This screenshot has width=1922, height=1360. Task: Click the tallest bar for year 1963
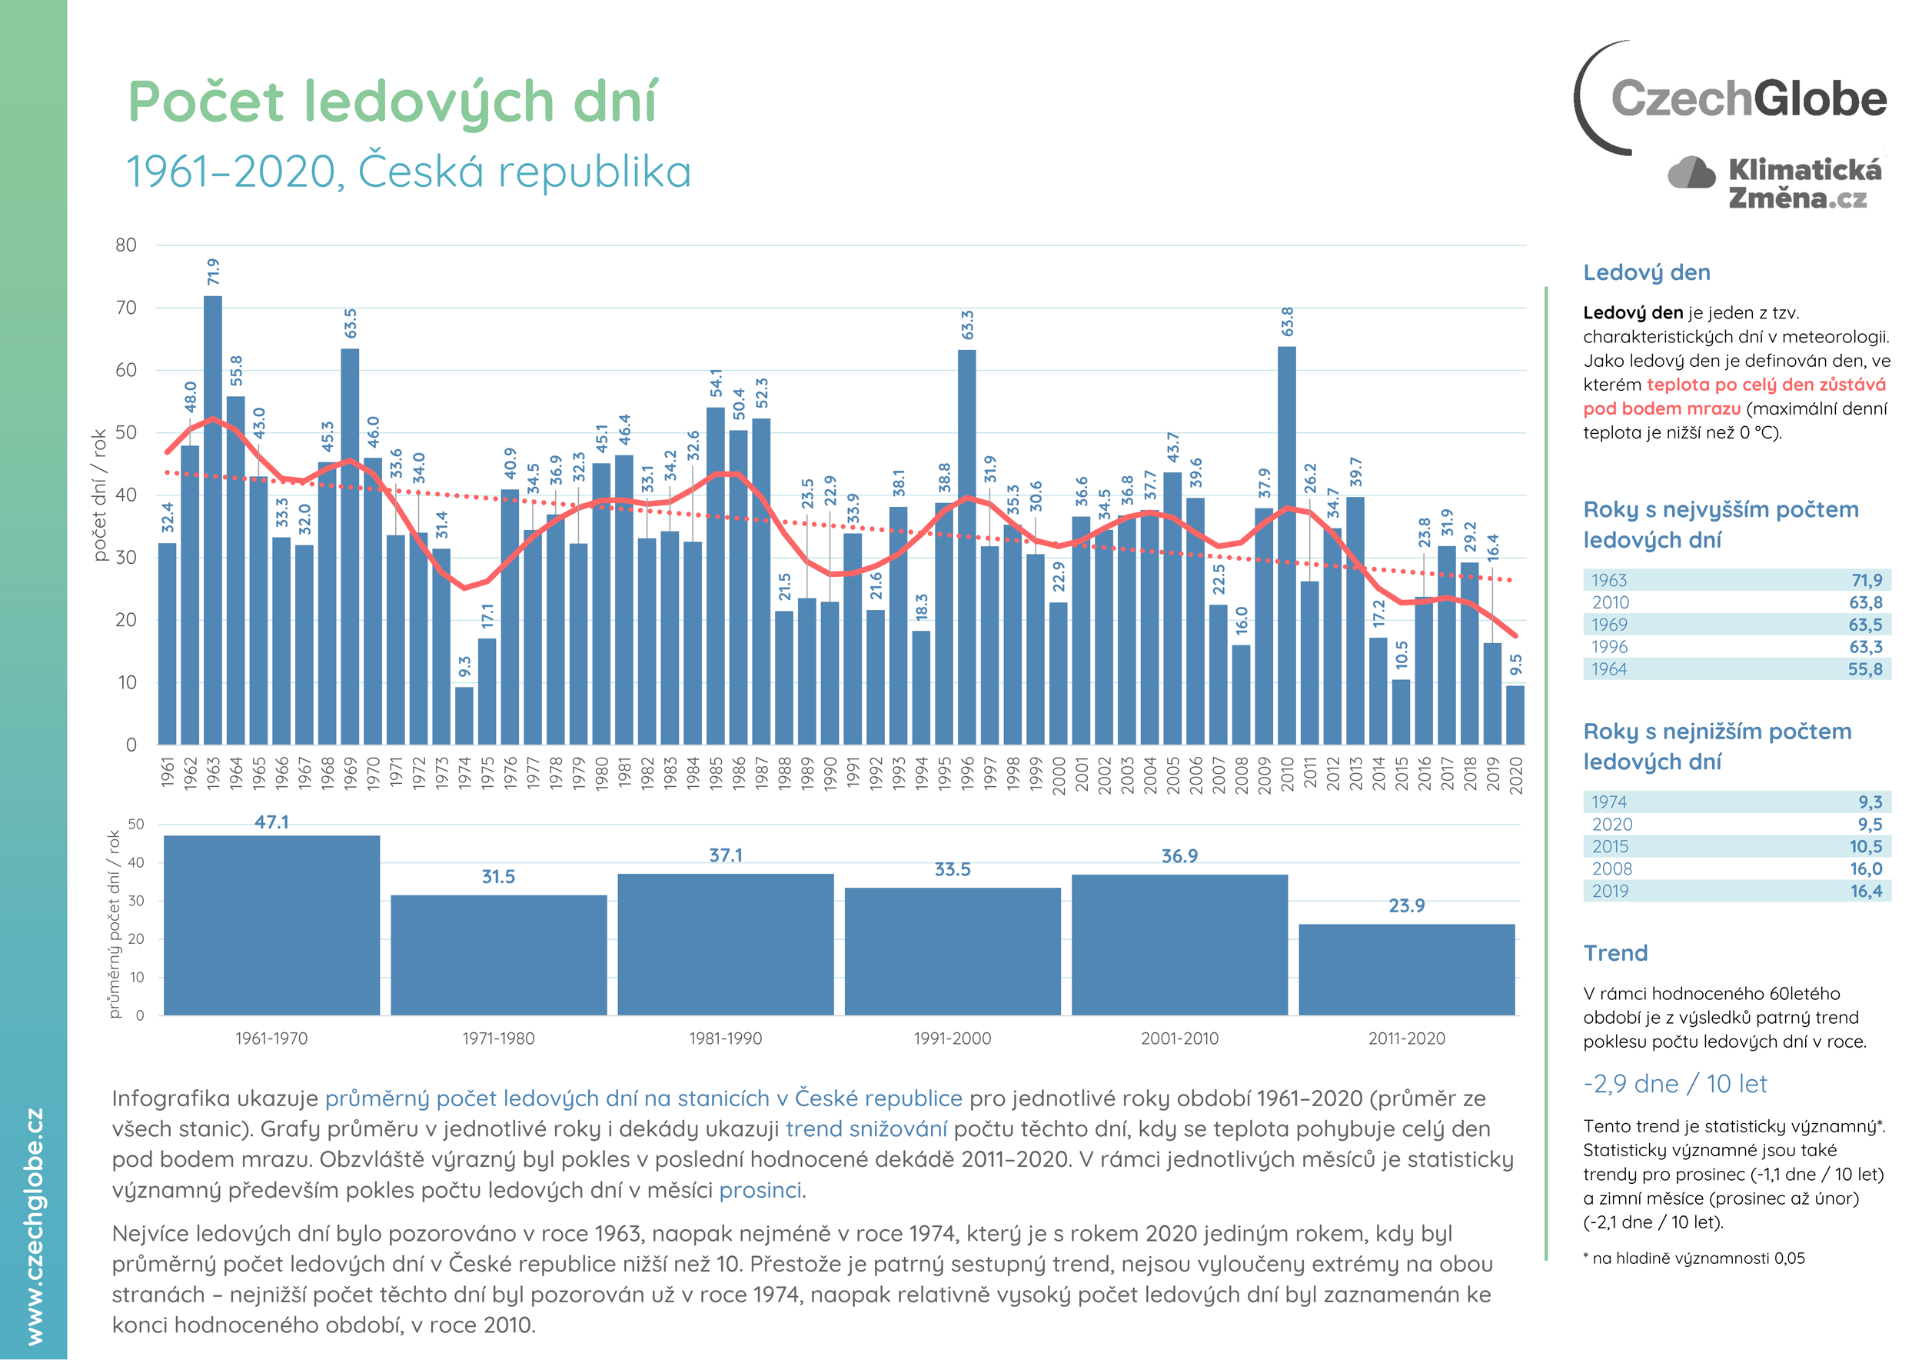point(213,519)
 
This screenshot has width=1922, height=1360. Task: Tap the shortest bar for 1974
point(464,715)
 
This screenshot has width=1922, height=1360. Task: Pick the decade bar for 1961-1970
point(271,925)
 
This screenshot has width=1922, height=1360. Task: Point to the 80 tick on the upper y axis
point(126,245)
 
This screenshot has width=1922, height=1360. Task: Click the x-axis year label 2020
point(1515,775)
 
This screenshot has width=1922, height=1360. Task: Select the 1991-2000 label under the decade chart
point(952,1038)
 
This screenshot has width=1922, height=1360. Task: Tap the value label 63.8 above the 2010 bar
point(1288,322)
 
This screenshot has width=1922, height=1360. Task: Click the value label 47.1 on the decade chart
point(271,822)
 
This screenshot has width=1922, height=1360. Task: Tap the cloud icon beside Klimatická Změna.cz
point(1691,172)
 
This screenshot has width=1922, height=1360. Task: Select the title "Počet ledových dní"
point(393,102)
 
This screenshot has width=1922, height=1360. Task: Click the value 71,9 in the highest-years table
point(1866,580)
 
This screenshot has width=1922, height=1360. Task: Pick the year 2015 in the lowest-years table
point(1611,847)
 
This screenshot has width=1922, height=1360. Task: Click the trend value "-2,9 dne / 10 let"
point(1674,1084)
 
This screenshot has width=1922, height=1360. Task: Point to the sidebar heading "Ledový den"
point(1646,272)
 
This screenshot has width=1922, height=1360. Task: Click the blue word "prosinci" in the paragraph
point(760,1190)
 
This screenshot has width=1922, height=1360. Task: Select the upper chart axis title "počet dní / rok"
point(101,494)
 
